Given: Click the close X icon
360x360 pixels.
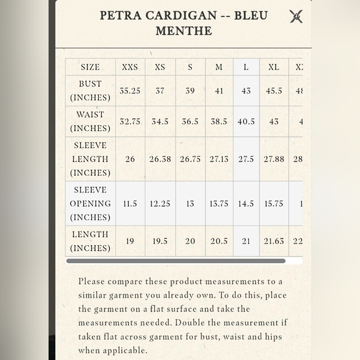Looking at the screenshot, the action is (x=296, y=16).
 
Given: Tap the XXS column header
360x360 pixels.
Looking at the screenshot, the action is (x=130, y=67).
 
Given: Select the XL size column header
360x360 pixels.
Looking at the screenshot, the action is (x=274, y=67).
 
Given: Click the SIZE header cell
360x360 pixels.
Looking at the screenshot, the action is (x=90, y=67).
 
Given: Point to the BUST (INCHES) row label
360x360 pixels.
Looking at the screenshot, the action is (x=90, y=91).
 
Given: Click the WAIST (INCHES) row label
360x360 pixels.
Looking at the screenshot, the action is (x=90, y=122).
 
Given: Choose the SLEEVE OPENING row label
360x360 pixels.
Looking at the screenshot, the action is (x=90, y=204).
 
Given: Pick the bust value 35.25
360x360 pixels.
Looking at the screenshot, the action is (x=130, y=91).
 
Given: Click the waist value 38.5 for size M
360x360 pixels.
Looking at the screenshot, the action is (x=219, y=122).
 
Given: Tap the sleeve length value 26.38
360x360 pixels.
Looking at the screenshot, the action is (x=160, y=159).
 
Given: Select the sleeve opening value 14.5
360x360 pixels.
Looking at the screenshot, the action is (x=246, y=204).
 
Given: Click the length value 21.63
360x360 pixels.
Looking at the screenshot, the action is (x=274, y=241).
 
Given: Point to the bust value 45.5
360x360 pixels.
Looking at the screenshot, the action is (x=274, y=91).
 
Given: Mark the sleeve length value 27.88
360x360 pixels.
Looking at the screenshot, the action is (x=274, y=159).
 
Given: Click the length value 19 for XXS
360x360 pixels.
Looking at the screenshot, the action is (x=130, y=241).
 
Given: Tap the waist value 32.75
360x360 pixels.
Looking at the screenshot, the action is (x=130, y=122).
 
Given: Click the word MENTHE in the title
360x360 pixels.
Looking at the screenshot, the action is (x=184, y=30).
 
